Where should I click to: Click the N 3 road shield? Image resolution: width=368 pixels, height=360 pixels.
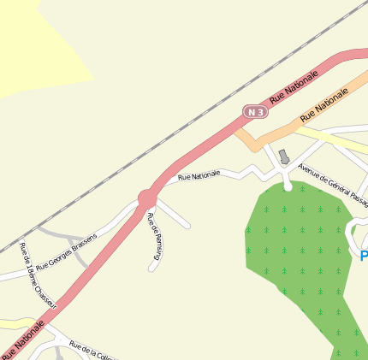254,112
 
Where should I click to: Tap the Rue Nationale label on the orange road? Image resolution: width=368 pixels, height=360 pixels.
324,105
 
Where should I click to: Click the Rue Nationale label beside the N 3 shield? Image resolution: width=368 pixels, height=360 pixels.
294,87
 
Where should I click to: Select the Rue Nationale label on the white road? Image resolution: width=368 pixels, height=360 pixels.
199,175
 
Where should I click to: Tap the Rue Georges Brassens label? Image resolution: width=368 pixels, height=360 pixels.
73,251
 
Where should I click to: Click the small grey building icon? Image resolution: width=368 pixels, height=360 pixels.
284,156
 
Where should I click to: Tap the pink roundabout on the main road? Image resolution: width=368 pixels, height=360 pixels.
147,199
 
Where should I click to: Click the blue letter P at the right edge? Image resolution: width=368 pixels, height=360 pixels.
364,256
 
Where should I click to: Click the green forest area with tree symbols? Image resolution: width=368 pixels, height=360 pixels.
300,257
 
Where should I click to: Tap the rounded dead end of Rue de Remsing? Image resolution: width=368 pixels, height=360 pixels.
153,268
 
